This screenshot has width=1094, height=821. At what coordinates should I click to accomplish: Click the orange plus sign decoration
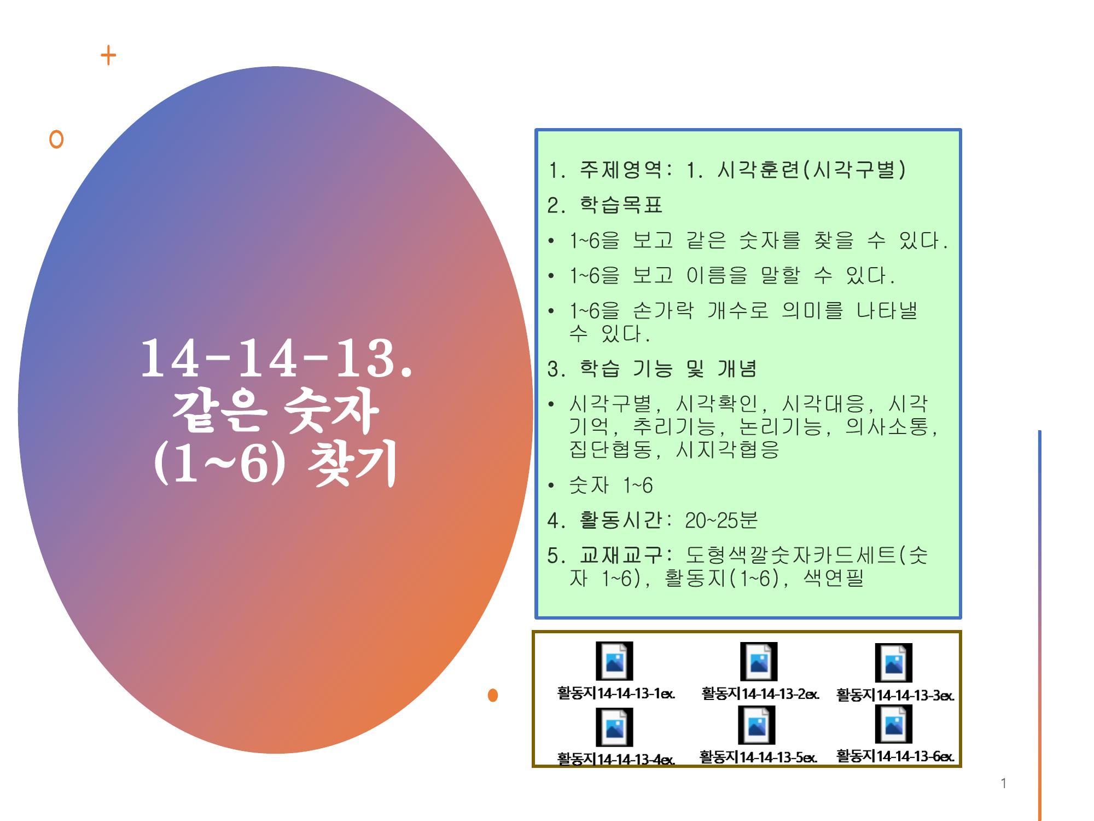pos(108,55)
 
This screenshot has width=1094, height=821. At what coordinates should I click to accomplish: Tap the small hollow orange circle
pos(56,139)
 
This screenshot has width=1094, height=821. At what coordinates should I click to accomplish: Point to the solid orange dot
pos(493,695)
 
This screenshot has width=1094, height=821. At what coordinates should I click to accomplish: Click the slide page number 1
pos(1003,783)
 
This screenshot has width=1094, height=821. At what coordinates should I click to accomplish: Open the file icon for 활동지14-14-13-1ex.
pos(614,661)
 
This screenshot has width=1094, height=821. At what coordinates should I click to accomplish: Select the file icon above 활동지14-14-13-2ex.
pos(759,661)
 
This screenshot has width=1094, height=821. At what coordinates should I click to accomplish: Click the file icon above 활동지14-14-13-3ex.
pos(894,662)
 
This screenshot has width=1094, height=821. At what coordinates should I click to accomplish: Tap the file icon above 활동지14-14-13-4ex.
pos(614,727)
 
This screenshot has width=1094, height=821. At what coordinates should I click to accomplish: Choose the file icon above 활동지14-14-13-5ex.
pos(757,725)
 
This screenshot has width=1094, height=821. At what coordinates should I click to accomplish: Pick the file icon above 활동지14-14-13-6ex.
pos(894,724)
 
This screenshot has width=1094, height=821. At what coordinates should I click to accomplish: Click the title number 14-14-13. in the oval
pos(276,358)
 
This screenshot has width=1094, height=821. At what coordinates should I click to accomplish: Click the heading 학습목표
pos(621,205)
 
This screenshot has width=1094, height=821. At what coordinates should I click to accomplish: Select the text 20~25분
pos(721,520)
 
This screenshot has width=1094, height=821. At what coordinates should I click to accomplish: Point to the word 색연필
pos(834,577)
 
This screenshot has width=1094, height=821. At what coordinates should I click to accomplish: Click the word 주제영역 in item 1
pos(621,170)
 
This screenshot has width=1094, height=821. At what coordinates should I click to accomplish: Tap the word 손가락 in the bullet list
pos(663,311)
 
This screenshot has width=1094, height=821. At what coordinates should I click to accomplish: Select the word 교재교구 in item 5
pos(621,556)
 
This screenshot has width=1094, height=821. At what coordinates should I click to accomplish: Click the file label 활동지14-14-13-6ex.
pos(895,756)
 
